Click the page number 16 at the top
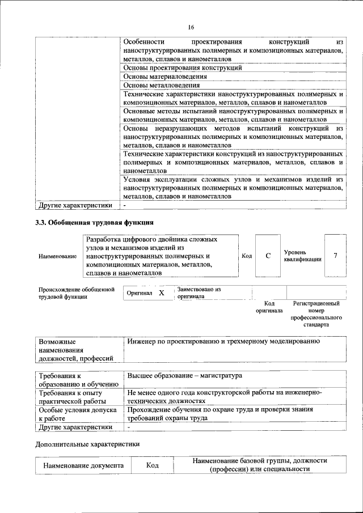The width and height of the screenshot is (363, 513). (191, 27)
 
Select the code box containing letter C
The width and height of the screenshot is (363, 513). (268, 256)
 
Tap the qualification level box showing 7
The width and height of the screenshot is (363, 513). (335, 256)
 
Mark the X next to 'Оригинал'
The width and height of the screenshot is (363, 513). (161, 293)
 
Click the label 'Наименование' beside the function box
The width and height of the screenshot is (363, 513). (57, 257)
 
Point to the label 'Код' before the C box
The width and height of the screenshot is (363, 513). (247, 256)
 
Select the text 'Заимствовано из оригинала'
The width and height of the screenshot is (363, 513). (199, 292)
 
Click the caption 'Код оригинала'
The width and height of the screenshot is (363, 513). (269, 307)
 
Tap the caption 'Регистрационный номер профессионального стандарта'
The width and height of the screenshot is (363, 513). (316, 315)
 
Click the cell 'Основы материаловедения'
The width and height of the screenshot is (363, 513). (161, 76)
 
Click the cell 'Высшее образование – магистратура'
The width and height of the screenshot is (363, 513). (185, 376)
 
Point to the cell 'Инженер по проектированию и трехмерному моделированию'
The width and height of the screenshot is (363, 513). (224, 342)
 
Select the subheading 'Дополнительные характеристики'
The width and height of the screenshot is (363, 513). (87, 444)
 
